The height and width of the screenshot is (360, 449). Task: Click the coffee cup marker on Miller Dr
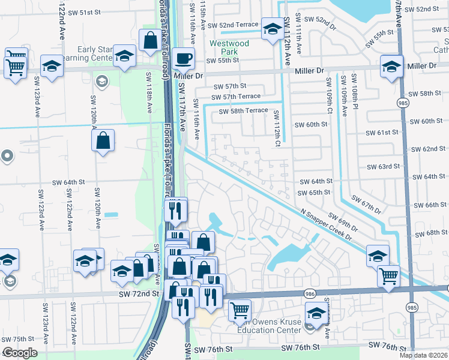coord(183,59)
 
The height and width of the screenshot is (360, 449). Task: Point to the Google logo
coord(19,353)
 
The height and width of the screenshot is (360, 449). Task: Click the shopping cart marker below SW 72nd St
coord(240,310)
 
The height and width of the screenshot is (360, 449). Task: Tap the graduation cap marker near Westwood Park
coord(272,28)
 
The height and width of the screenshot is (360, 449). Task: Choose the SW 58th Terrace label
coord(243,111)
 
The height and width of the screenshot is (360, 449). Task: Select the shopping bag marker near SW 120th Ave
coord(103,141)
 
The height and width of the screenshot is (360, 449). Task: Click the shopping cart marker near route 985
coord(388,276)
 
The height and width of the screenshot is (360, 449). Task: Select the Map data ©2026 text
coord(423,355)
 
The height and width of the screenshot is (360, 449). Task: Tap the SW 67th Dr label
coord(366,203)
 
